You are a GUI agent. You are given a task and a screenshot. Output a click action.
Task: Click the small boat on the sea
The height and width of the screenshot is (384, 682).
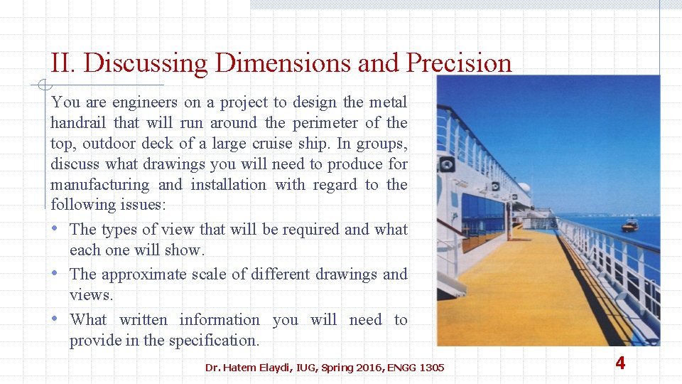[629, 225]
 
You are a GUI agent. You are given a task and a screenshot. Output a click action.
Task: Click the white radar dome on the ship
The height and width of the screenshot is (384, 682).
[524, 188]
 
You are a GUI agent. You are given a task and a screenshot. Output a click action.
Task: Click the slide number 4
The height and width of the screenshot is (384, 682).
[620, 363]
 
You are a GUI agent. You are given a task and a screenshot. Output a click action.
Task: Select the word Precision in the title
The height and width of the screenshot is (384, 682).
[458, 63]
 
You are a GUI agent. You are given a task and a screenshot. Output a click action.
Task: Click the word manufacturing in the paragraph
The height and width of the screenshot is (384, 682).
[100, 185]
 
